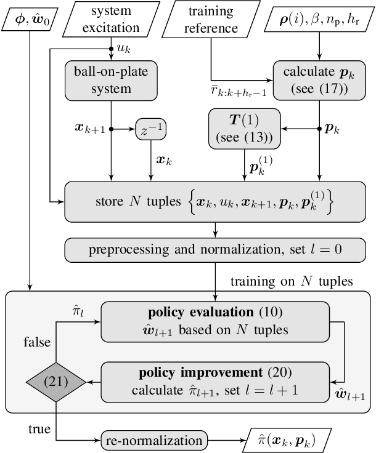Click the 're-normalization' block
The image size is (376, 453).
coord(152,441)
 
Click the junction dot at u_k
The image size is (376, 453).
coord(111,47)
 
